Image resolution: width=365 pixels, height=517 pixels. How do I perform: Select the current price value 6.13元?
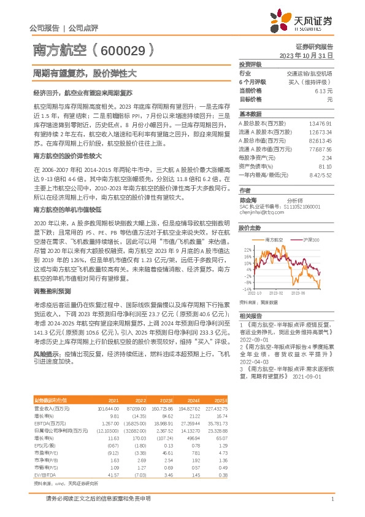[x=323, y=90]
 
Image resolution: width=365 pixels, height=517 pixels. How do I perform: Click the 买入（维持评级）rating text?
[x=309, y=82]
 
